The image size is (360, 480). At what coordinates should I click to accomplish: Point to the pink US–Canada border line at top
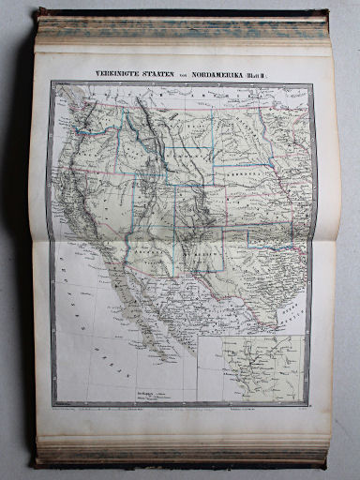187,103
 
